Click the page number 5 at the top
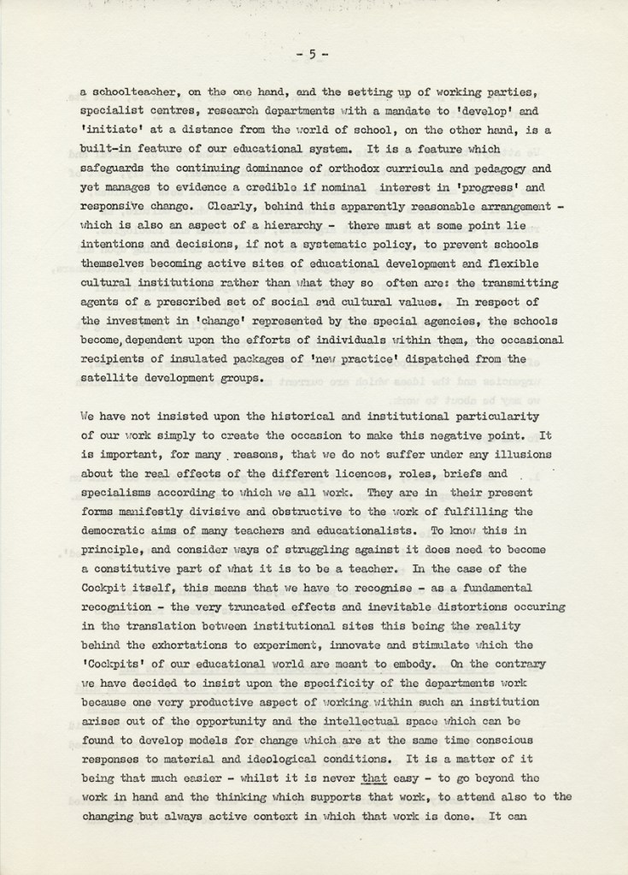click(x=313, y=54)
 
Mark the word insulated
click(x=183, y=341)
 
